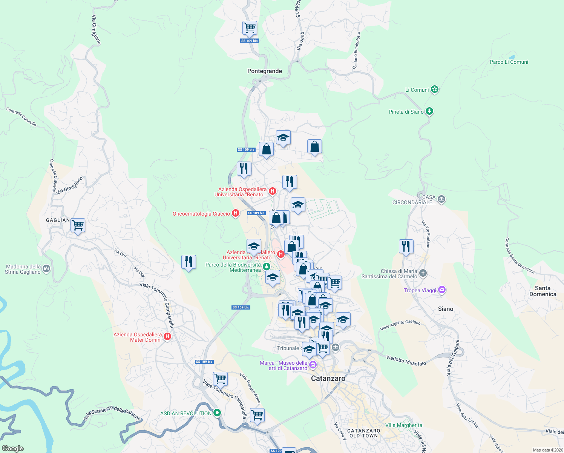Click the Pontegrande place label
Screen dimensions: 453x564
(264, 71)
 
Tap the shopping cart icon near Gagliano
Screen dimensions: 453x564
(78, 225)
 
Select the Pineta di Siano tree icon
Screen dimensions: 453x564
(429, 111)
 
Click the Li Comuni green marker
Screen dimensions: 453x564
(435, 89)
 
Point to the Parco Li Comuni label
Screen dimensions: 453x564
(509, 62)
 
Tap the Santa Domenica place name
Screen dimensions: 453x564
(543, 291)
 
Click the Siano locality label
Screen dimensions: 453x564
(445, 309)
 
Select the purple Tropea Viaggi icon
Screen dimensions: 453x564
(442, 290)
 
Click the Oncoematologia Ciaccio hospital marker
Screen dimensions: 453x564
(236, 213)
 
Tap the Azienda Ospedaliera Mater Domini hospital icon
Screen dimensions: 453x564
(167, 336)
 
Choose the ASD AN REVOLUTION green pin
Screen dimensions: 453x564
(217, 413)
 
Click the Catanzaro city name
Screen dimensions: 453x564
(328, 378)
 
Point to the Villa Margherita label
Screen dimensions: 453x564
(403, 425)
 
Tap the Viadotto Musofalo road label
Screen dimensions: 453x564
(406, 361)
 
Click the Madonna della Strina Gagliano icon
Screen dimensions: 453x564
(46, 269)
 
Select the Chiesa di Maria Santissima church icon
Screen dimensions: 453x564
(423, 273)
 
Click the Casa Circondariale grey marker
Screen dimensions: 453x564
(441, 199)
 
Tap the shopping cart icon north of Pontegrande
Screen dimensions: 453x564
(250, 28)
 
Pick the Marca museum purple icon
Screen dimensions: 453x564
(313, 365)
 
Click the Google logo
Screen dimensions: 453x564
(13, 448)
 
